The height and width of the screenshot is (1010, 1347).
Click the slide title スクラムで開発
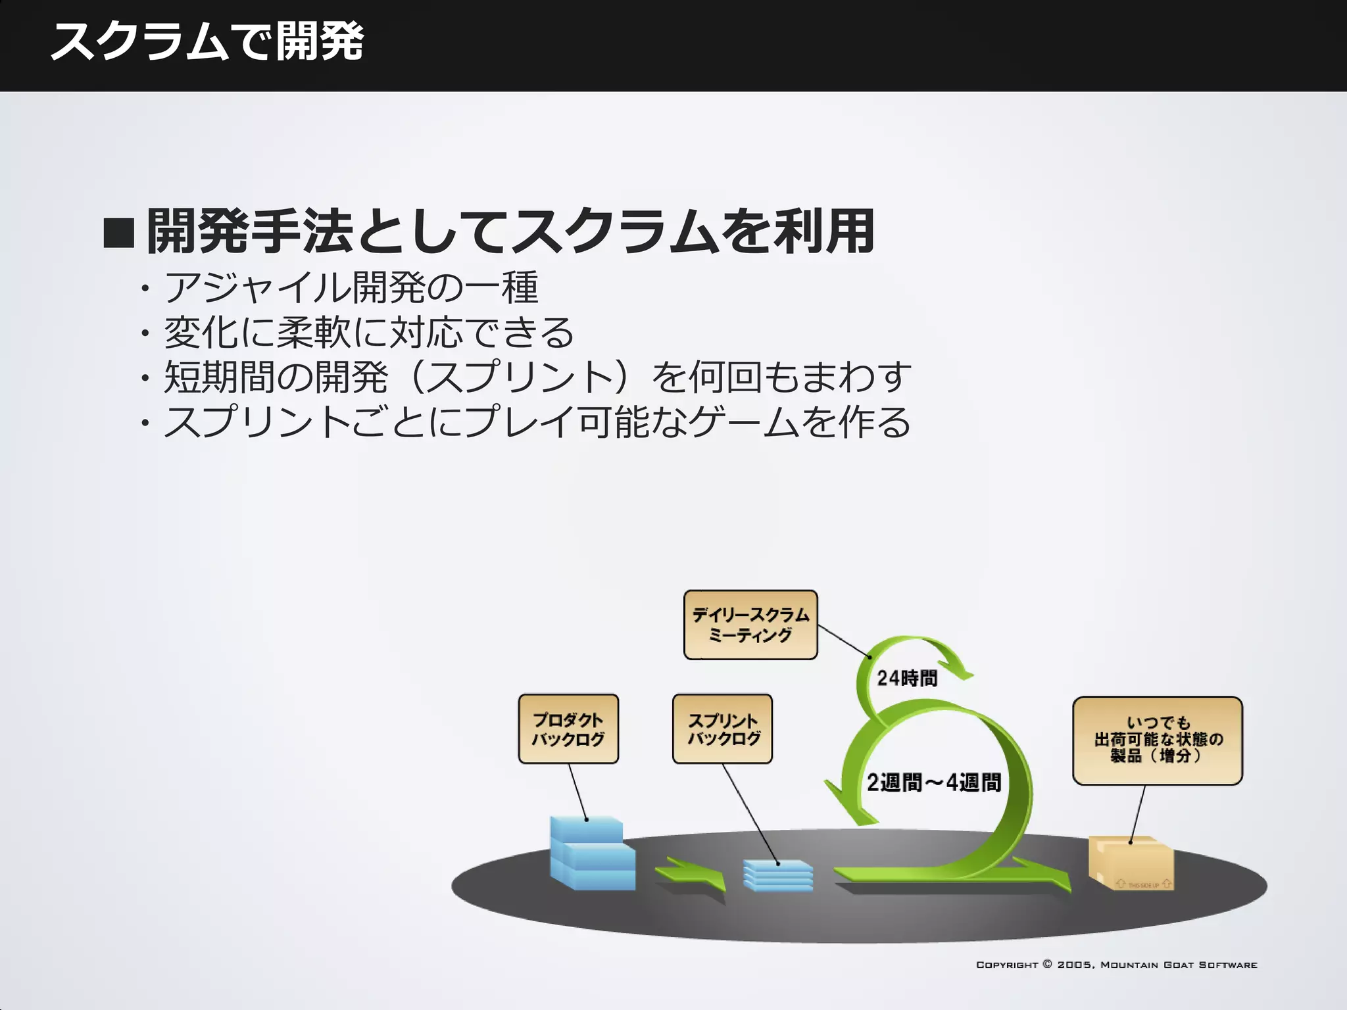pos(207,41)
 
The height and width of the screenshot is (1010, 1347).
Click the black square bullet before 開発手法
pos(119,233)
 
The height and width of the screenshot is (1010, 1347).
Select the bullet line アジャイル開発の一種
pos(351,288)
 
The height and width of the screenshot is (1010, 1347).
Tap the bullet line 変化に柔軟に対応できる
pos(369,333)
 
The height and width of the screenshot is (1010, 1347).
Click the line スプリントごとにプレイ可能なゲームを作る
pos(537,422)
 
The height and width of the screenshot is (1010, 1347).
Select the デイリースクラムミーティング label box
pos(750,625)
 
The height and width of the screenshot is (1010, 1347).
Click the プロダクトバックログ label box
pos(568,729)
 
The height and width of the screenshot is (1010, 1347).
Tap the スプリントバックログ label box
pos(722,729)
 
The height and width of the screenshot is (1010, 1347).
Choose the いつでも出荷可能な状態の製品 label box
pos(1158,740)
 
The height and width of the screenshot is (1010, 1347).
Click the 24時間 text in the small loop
pos(907,678)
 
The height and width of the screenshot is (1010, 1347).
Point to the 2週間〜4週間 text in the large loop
pos(933,782)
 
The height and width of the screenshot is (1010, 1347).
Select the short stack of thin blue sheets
pos(778,876)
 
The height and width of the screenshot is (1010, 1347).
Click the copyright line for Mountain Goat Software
pos(1116,965)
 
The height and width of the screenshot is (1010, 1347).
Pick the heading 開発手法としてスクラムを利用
pos(510,231)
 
